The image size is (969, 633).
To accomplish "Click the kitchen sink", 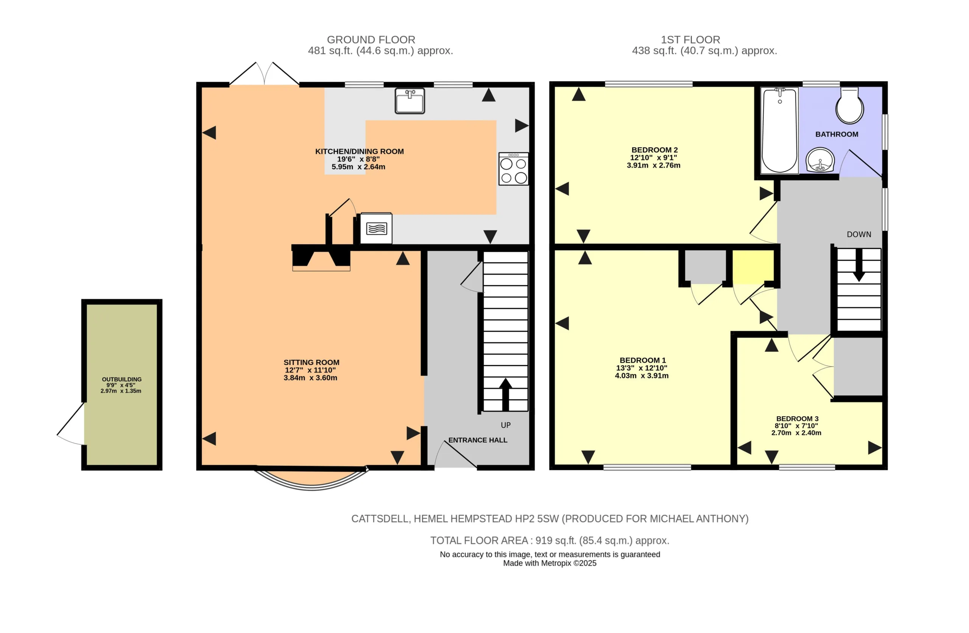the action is point(410,101).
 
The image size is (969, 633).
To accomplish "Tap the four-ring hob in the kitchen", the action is point(513,169).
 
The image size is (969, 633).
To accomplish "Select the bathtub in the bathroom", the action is point(779,130).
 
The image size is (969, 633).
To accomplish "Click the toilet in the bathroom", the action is point(850,106).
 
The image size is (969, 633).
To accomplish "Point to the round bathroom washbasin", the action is point(820,160).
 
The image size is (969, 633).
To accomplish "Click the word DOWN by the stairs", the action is point(859,235).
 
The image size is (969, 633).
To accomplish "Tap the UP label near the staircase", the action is point(506,425).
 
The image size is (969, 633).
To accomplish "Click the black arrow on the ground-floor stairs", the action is point(505,394).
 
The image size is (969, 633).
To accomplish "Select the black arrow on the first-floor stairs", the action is point(859,265).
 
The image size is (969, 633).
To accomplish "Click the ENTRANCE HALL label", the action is point(478,440).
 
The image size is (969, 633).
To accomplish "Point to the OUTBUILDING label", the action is point(122,379).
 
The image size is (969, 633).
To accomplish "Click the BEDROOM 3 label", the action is point(797,418).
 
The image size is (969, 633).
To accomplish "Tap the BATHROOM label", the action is point(837,134).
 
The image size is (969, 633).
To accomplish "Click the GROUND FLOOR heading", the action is point(371,40).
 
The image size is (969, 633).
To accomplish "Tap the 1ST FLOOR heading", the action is point(690,40).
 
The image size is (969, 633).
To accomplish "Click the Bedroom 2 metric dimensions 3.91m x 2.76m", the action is point(653,165).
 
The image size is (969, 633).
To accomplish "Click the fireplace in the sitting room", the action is point(321,258).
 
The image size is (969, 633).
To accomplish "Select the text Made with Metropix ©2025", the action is point(550,563).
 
